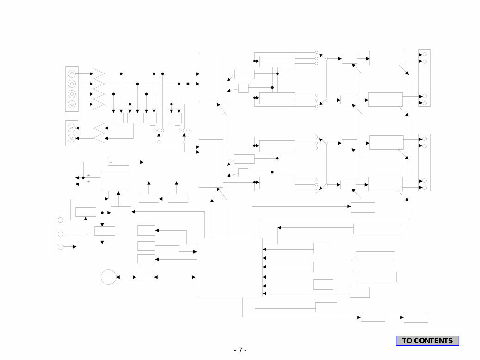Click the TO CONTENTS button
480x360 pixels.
point(427,341)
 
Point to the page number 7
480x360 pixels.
point(240,350)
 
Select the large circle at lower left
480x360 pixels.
point(109,277)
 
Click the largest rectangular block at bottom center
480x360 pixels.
point(229,267)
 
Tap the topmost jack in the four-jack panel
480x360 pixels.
point(72,74)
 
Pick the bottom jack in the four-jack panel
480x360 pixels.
point(72,104)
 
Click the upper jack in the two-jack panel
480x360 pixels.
point(72,128)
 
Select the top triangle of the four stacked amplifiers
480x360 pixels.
point(98,74)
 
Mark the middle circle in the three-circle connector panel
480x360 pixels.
point(61,234)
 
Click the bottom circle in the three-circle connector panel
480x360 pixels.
point(61,247)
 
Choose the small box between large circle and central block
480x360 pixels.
point(145,276)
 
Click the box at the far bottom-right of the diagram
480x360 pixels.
point(416,317)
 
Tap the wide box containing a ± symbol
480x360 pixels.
point(118,161)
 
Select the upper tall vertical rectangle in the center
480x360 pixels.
point(211,79)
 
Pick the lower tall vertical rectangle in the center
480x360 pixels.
point(211,163)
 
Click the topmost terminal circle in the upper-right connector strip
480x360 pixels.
point(425,55)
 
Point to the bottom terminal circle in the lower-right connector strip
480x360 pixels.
point(425,188)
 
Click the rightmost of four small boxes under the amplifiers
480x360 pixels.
point(175,118)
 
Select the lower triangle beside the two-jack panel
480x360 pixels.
point(99,138)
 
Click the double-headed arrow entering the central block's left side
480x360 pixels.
point(174,277)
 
